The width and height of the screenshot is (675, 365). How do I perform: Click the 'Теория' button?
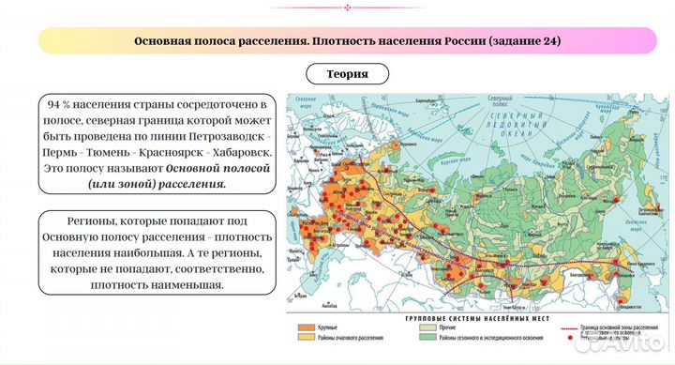[347, 73]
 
